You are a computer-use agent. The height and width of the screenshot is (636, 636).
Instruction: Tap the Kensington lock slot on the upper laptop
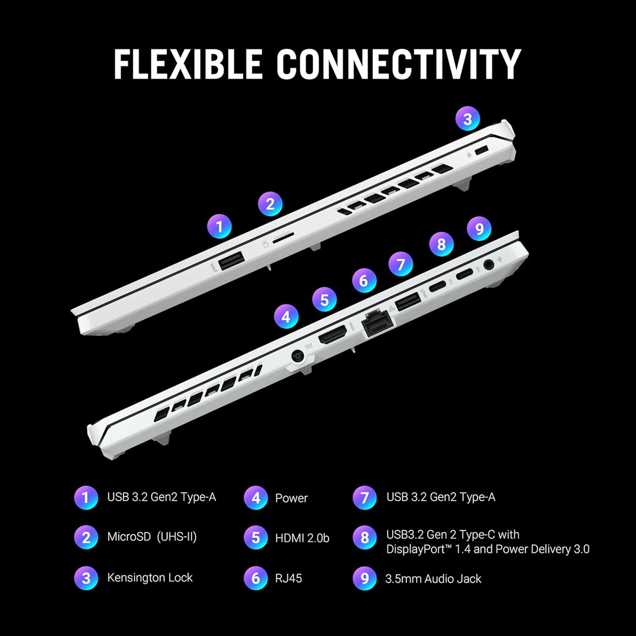(x=482, y=151)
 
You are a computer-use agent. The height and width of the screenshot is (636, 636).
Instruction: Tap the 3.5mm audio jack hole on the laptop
(x=489, y=264)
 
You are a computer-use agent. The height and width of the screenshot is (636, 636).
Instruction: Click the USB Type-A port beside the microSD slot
(x=231, y=261)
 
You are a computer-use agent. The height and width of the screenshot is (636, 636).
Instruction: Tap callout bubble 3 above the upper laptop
(x=467, y=118)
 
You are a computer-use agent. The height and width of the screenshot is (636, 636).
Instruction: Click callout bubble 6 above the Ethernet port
(x=364, y=281)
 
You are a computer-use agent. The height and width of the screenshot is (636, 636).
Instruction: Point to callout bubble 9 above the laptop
(x=479, y=229)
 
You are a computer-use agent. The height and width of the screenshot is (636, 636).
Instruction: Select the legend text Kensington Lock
(x=150, y=578)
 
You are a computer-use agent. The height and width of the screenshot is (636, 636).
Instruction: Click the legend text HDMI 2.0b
(x=302, y=538)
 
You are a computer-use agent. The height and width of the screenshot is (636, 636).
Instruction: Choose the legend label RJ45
(x=289, y=578)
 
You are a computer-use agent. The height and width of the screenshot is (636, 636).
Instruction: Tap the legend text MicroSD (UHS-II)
(x=152, y=537)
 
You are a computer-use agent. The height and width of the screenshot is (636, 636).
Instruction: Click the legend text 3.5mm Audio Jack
(x=433, y=579)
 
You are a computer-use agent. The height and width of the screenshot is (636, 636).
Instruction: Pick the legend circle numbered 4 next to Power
(x=256, y=498)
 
